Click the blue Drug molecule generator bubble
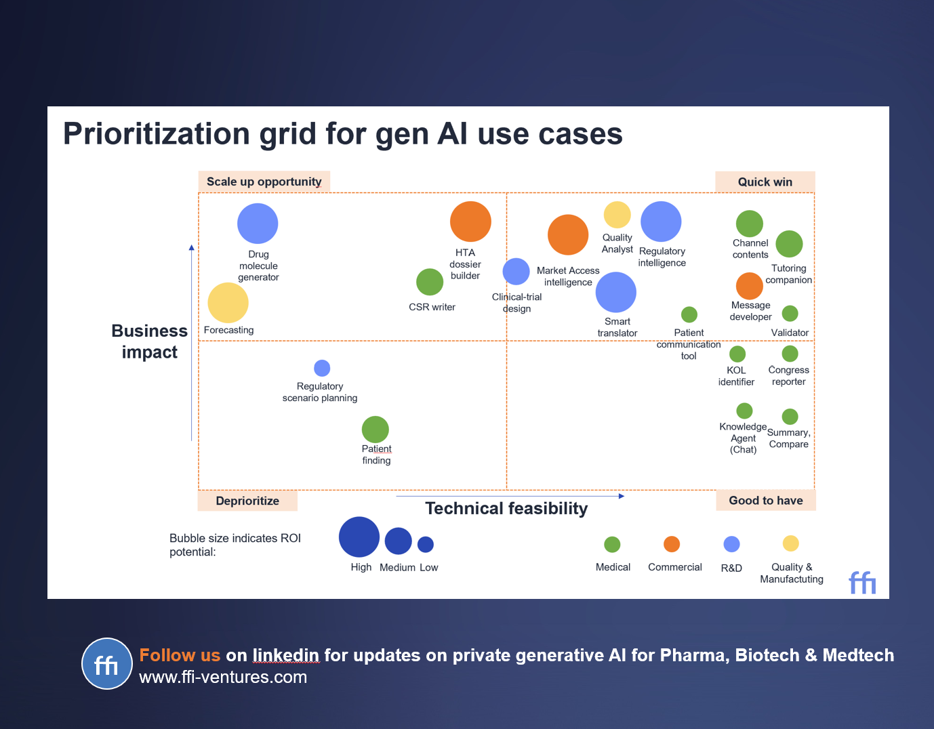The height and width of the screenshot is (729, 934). (258, 224)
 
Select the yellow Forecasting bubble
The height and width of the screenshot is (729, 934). (228, 303)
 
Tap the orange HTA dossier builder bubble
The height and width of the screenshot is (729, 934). (470, 222)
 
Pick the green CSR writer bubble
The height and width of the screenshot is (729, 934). (430, 282)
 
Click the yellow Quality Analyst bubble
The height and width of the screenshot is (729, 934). (617, 215)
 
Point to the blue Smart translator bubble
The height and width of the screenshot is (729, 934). (616, 292)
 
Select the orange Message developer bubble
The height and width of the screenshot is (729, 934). (750, 286)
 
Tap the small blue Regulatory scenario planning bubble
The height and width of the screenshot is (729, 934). (322, 368)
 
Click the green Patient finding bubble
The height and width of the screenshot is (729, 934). (375, 430)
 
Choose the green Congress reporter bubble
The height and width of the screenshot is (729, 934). (790, 354)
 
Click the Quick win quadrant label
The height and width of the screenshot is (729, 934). (765, 182)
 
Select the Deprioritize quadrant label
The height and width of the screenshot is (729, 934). (247, 501)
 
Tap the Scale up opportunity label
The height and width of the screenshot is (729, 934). (264, 182)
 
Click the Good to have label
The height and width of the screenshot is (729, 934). (766, 501)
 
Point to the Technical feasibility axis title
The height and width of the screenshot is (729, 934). (506, 509)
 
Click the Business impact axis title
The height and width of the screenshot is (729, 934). (150, 341)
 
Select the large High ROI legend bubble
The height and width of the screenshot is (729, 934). (359, 537)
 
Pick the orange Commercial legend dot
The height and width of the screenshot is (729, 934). (672, 544)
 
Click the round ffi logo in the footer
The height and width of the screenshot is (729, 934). (107, 664)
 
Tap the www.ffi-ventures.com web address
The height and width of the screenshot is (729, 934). (223, 678)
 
